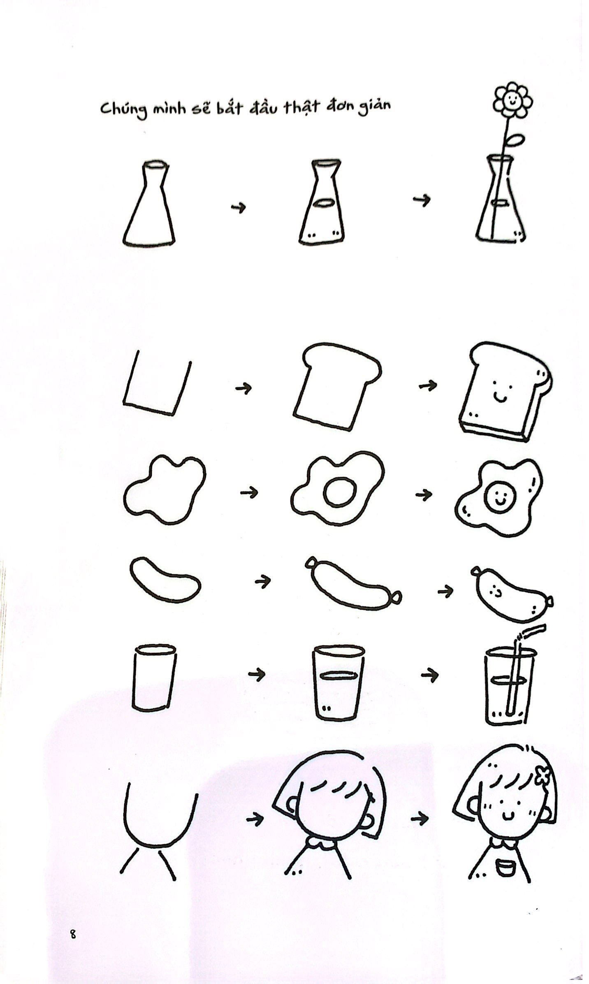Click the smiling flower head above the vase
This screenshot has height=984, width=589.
(x=512, y=101)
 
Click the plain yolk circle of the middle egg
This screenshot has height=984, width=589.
(x=340, y=492)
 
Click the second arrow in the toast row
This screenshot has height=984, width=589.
(x=428, y=385)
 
